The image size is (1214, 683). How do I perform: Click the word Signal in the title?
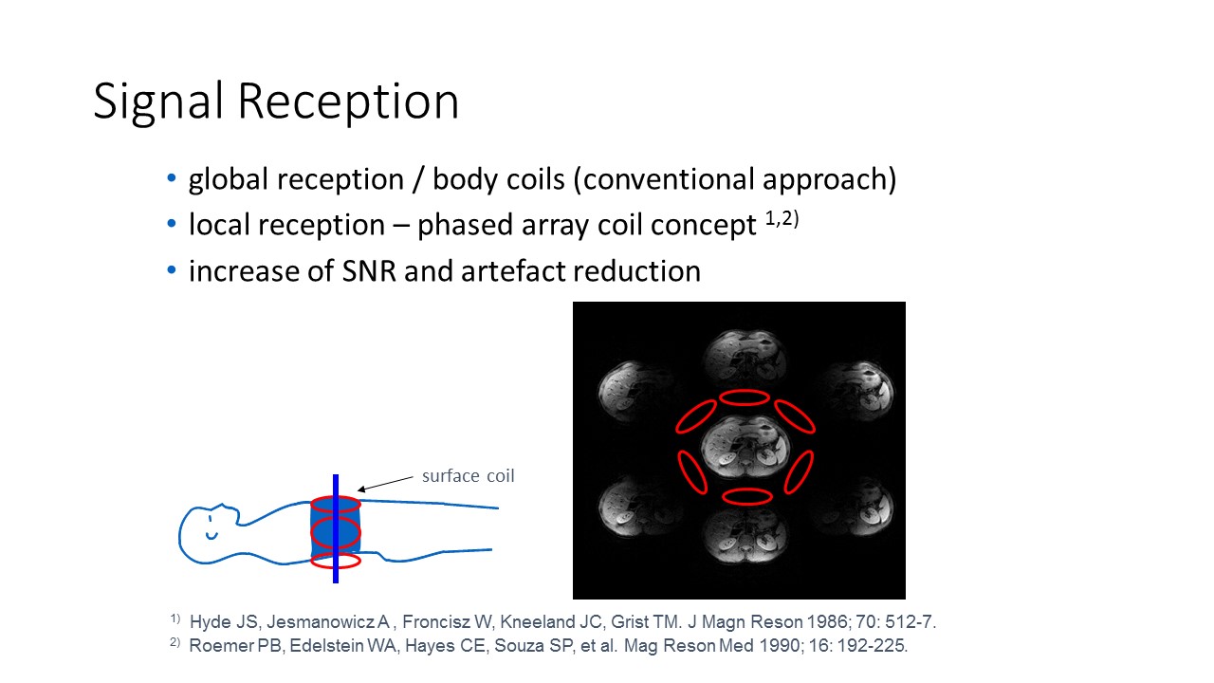tap(158, 102)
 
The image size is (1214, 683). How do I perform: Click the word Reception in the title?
tap(348, 102)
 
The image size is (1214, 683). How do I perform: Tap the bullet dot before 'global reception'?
tap(172, 177)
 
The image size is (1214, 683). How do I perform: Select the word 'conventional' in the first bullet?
tap(663, 179)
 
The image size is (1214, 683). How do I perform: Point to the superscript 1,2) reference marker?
tap(782, 218)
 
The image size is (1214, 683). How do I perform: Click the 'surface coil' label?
tap(469, 475)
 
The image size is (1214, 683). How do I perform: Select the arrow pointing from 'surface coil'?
tap(385, 484)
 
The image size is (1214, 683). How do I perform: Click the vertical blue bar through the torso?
tap(336, 528)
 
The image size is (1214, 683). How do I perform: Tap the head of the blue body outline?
tap(209, 533)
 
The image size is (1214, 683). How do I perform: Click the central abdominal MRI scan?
tap(745, 448)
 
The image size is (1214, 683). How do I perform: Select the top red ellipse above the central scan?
tap(745, 397)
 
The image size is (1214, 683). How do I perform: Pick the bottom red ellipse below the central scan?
tap(746, 496)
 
